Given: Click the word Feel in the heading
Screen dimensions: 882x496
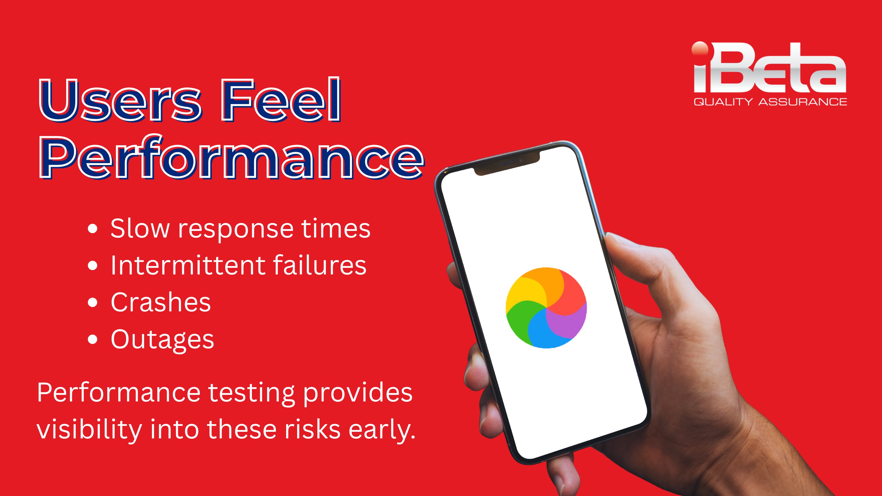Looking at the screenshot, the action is (x=281, y=99).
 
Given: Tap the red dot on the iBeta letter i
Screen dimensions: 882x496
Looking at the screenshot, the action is (x=700, y=48).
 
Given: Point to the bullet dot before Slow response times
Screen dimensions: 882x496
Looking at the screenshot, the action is (x=92, y=229).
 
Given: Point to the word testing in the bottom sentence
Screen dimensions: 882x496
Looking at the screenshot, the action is (x=252, y=393).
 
